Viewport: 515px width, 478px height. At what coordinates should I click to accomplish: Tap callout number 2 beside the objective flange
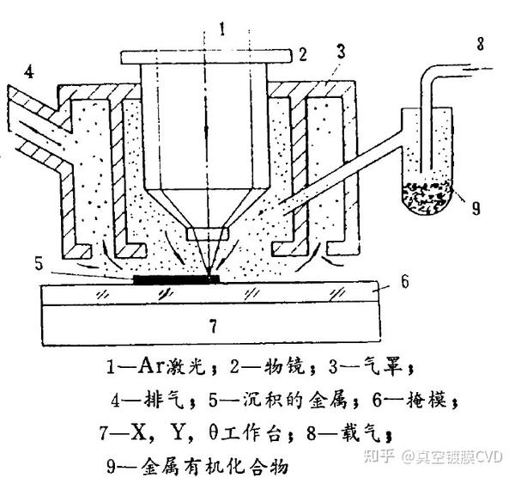302,54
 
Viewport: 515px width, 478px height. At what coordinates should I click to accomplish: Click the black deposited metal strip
176,279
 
